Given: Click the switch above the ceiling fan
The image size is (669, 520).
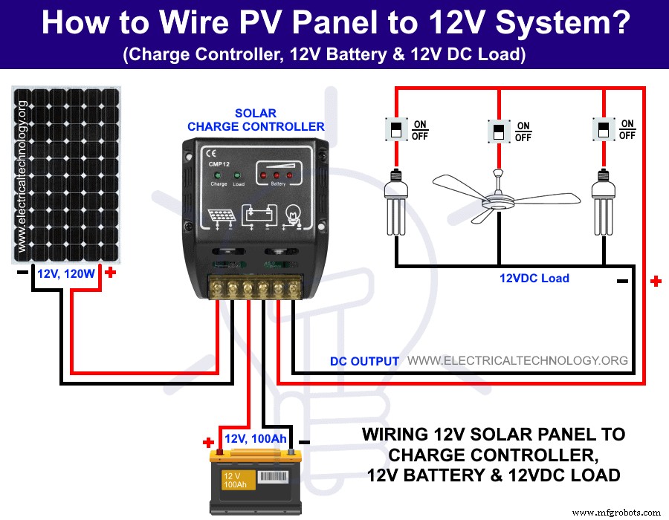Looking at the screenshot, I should click(497, 132).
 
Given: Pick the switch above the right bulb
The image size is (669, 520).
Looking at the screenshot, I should click(602, 129).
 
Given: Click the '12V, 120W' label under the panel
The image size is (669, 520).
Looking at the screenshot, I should click(67, 274).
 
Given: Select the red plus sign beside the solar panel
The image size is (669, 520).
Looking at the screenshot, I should click(111, 273).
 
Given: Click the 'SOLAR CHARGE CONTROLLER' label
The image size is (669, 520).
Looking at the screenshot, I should click(256, 120).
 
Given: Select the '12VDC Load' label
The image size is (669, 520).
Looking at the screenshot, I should click(534, 279).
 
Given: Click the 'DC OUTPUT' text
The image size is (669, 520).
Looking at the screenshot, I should click(364, 361).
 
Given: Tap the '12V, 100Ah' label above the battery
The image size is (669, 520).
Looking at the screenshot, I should click(255, 439).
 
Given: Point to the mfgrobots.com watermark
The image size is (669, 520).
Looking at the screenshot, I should click(616, 512).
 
